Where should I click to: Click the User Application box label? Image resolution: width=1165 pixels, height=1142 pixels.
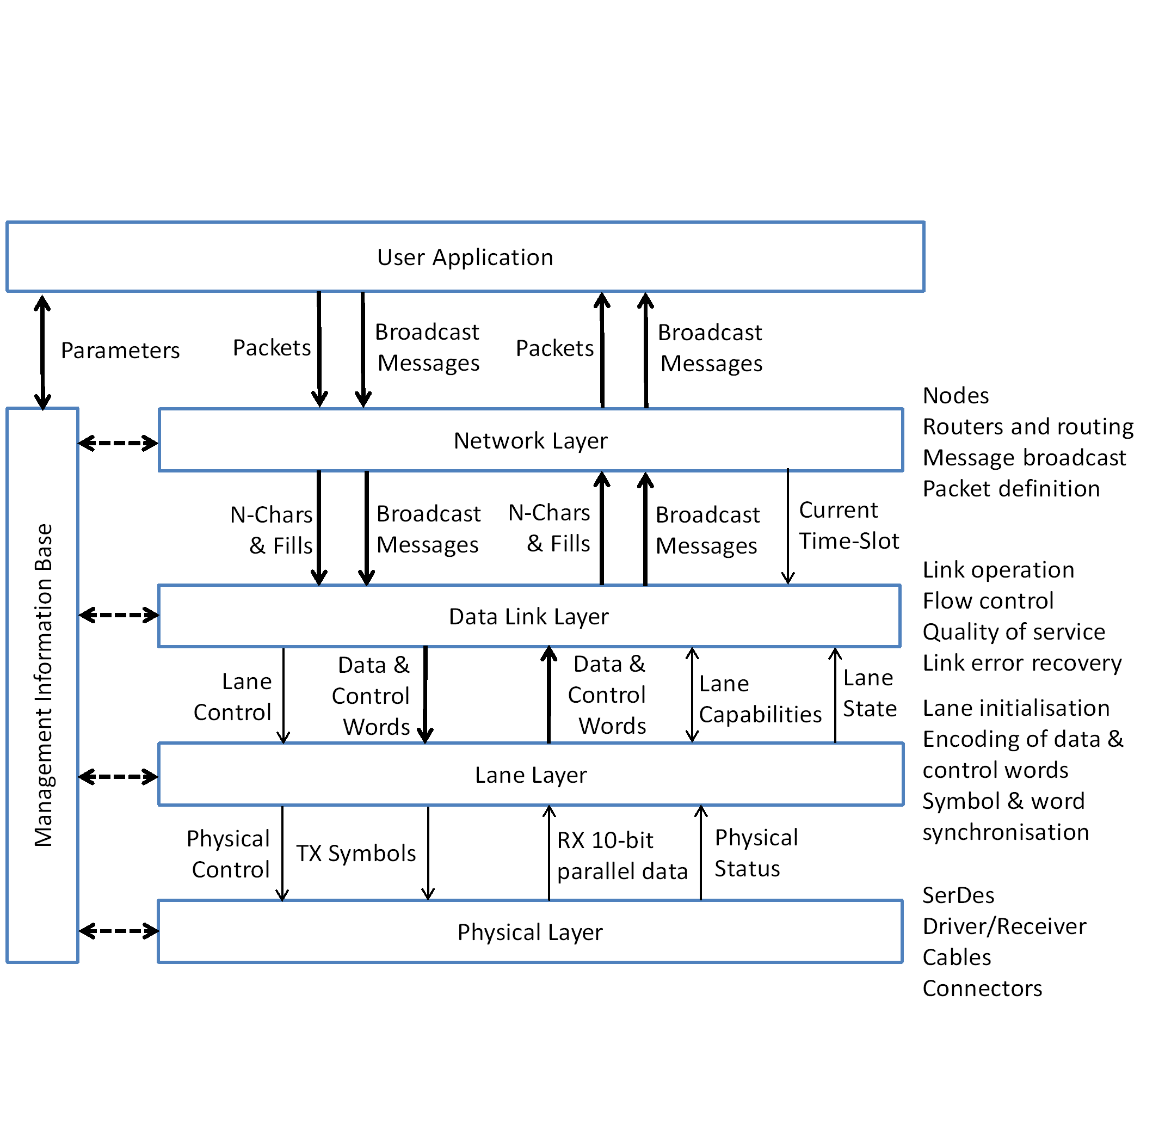[465, 257]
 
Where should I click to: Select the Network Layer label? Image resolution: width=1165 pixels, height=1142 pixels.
[530, 441]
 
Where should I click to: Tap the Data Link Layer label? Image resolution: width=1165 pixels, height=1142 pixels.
[528, 617]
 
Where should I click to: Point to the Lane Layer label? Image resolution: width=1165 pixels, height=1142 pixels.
[530, 775]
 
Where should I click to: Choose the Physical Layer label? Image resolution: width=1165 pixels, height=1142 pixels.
[529, 932]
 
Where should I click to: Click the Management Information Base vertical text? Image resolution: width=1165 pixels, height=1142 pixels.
[43, 685]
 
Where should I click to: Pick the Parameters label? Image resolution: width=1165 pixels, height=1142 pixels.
[120, 351]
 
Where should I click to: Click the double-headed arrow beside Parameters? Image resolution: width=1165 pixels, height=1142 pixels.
[42, 352]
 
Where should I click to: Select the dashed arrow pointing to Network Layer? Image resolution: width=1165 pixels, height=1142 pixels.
[118, 443]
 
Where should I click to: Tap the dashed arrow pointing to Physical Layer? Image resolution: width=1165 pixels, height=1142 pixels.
[118, 931]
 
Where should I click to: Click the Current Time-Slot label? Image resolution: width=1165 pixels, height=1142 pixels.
[848, 525]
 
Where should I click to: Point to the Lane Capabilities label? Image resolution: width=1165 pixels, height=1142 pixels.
[760, 699]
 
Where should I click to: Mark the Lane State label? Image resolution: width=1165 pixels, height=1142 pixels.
[869, 693]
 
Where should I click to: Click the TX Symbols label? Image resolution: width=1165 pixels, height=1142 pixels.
[355, 854]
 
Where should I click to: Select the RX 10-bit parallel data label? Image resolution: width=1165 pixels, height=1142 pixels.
[622, 856]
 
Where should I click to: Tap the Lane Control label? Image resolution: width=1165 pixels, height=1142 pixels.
[233, 697]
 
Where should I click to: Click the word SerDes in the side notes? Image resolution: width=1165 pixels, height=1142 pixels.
[958, 895]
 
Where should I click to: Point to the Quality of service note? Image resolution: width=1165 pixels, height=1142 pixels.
[1013, 631]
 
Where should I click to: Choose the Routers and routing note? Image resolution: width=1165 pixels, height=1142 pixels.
[1028, 426]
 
